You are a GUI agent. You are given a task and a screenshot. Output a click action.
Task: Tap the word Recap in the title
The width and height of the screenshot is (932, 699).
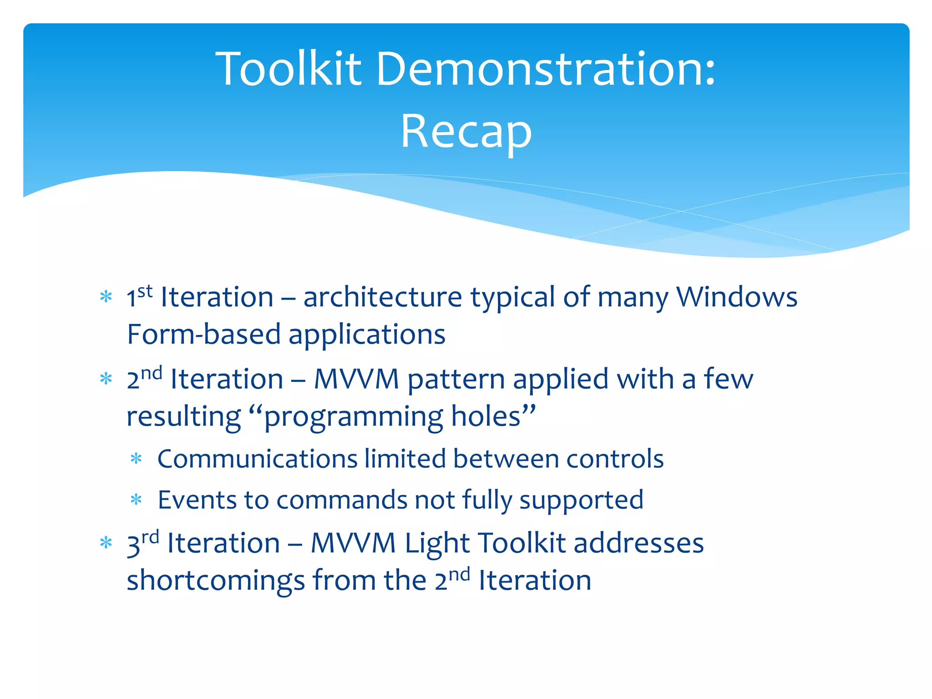[466, 132]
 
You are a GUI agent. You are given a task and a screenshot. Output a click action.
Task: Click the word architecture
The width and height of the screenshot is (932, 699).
[383, 297]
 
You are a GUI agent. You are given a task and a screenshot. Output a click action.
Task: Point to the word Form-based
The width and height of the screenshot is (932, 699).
[203, 334]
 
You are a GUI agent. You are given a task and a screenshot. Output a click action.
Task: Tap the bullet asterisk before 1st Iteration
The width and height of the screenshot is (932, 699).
[106, 298]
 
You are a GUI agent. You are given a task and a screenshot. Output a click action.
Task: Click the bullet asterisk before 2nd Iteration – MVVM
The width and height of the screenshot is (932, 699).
[106, 379]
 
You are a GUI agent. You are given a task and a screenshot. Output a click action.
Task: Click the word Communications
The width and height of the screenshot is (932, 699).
[257, 459]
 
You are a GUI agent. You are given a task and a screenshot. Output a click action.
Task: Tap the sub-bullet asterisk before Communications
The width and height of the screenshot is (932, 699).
[137, 459]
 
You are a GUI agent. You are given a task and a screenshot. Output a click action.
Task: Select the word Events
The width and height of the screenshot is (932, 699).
[197, 500]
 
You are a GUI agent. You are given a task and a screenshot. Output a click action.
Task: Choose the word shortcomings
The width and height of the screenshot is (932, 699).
[216, 581]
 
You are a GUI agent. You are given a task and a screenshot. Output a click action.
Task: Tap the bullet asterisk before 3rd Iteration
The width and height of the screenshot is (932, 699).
[106, 543]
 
